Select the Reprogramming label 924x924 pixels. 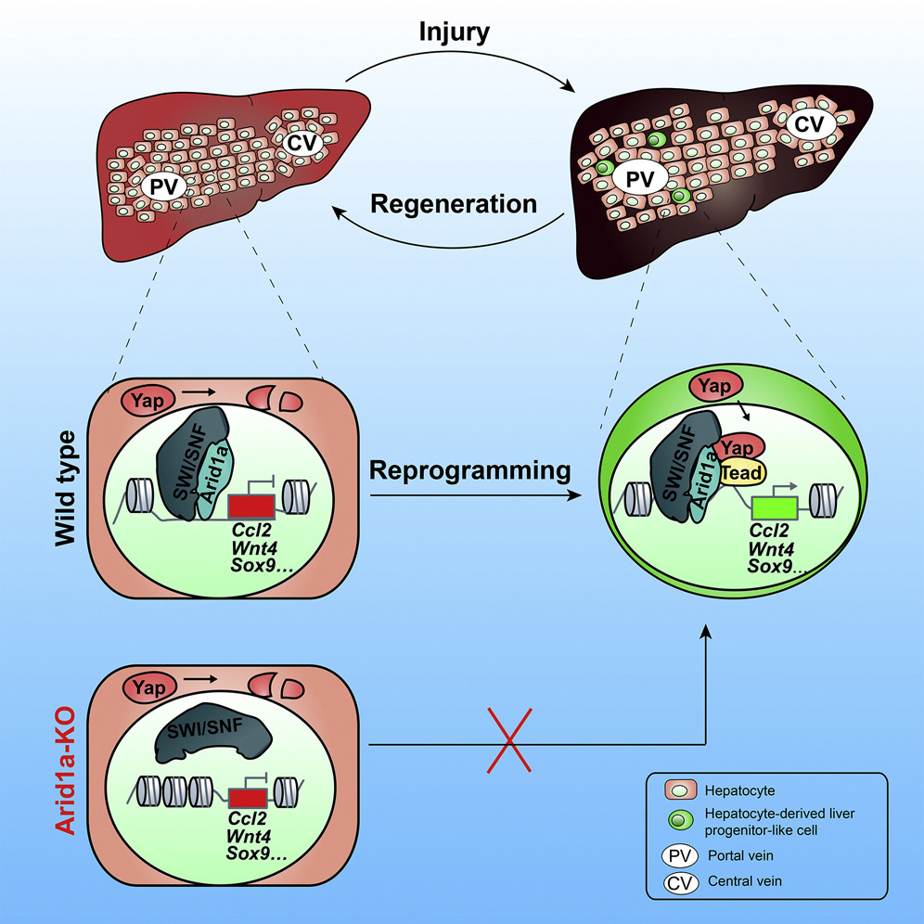[470, 471]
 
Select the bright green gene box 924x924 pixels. [778, 510]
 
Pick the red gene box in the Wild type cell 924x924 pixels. [249, 507]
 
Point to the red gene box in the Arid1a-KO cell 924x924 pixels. [248, 797]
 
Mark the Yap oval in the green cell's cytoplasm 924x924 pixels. [716, 386]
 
